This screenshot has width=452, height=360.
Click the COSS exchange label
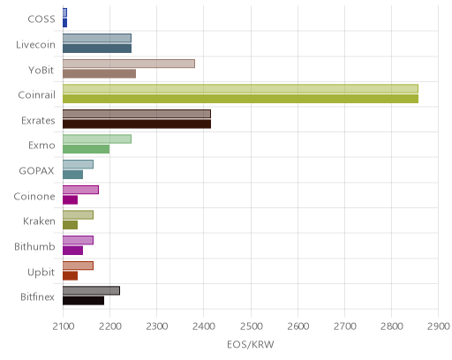tap(41, 19)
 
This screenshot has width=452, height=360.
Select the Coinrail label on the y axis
tap(37, 95)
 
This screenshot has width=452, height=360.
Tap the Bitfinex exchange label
tap(37, 297)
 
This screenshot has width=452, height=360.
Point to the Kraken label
tap(39, 221)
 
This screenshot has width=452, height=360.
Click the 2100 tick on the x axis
tap(63, 326)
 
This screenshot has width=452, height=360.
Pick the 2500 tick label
tap(251, 326)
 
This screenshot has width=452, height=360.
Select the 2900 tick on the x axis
tap(439, 326)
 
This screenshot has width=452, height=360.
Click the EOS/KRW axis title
tap(251, 344)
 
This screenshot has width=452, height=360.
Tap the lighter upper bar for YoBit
tap(129, 64)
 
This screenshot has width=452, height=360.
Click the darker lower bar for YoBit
tap(100, 74)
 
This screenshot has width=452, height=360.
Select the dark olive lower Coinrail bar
tap(241, 99)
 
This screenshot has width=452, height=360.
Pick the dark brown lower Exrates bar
tap(137, 124)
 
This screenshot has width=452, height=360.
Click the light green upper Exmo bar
tap(97, 139)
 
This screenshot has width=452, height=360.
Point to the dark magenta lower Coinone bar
tap(71, 200)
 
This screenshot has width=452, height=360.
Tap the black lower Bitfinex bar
tap(84, 301)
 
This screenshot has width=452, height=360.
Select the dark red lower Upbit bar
tap(71, 276)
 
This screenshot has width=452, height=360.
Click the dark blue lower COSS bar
tap(65, 23)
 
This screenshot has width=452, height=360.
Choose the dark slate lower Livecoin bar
tap(97, 49)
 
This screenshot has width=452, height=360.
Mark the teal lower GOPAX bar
tap(73, 175)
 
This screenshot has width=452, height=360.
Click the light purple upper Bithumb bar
tap(79, 240)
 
